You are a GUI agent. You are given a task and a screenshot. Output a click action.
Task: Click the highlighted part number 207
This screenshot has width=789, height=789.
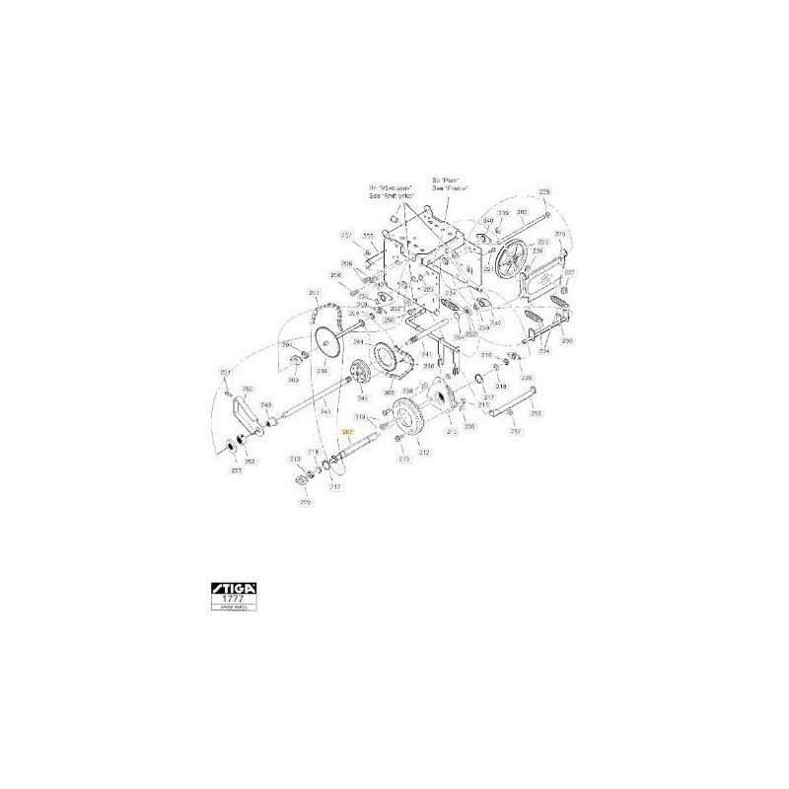point(346,433)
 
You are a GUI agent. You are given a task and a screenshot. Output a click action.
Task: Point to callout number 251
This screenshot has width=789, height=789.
point(225,370)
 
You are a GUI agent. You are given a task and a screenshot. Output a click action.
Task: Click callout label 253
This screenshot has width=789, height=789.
point(237,471)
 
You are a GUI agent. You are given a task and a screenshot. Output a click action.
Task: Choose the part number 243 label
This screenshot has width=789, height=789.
point(324,409)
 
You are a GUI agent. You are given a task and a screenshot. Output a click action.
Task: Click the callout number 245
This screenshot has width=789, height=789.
point(265,404)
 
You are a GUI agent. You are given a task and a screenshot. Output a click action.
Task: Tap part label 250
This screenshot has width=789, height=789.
point(567,339)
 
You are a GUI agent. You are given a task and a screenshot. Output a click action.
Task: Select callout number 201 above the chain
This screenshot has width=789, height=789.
point(314,293)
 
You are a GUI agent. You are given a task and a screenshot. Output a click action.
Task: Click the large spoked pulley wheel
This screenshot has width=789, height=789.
point(511,261)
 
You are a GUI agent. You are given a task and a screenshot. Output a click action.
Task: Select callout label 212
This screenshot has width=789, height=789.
point(424,452)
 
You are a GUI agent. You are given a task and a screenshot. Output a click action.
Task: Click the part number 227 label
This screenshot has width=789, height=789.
point(514,430)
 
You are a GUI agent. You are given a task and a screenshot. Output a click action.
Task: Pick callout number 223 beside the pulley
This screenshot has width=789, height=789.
point(559,235)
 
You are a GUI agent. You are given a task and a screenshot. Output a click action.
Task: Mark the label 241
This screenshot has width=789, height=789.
point(426,355)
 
